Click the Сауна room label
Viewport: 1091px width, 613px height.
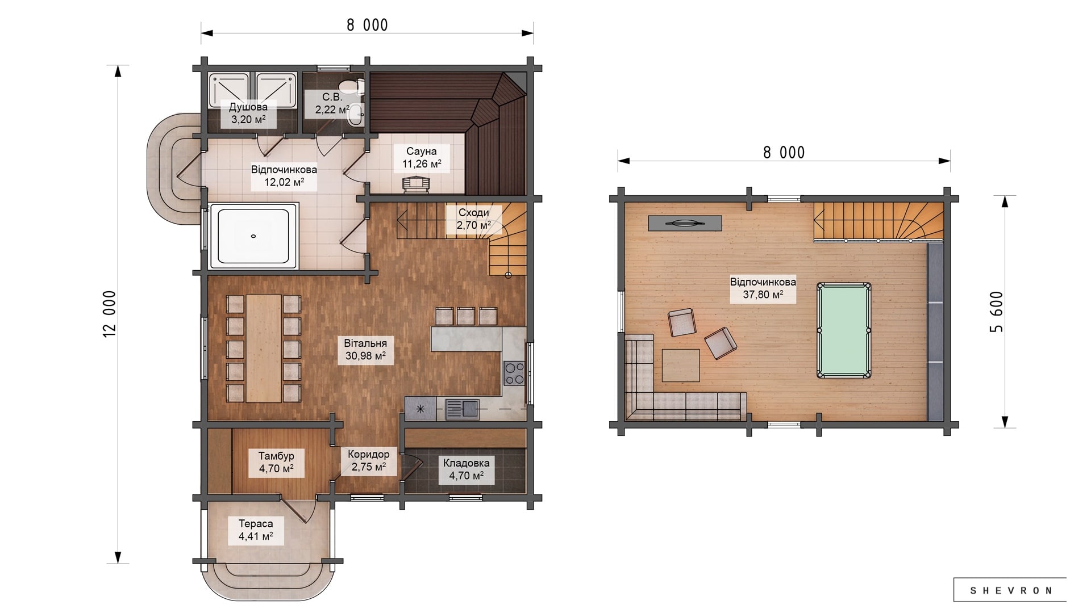coord(422,158)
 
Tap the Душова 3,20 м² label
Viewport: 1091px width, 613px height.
coord(248,113)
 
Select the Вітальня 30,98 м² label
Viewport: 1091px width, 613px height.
coord(365,350)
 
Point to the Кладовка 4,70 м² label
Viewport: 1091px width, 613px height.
coord(466,469)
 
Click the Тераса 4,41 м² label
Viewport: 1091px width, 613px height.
coord(256,530)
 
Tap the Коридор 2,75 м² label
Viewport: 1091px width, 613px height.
coord(369,460)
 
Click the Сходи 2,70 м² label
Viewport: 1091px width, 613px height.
coord(474,219)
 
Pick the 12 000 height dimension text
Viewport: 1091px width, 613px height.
coord(109,314)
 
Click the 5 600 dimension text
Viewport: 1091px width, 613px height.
coord(996,312)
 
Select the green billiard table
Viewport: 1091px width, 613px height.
coord(843,330)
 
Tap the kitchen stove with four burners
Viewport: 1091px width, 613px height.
coord(514,373)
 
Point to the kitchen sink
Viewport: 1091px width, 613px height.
coord(462,409)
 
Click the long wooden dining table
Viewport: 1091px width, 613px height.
coord(264,348)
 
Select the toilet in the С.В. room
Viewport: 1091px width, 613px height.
coord(356,86)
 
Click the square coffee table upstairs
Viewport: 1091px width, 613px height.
coord(680,366)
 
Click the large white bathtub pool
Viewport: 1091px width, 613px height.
coord(253,236)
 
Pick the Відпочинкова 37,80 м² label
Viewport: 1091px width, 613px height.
coord(763,288)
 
